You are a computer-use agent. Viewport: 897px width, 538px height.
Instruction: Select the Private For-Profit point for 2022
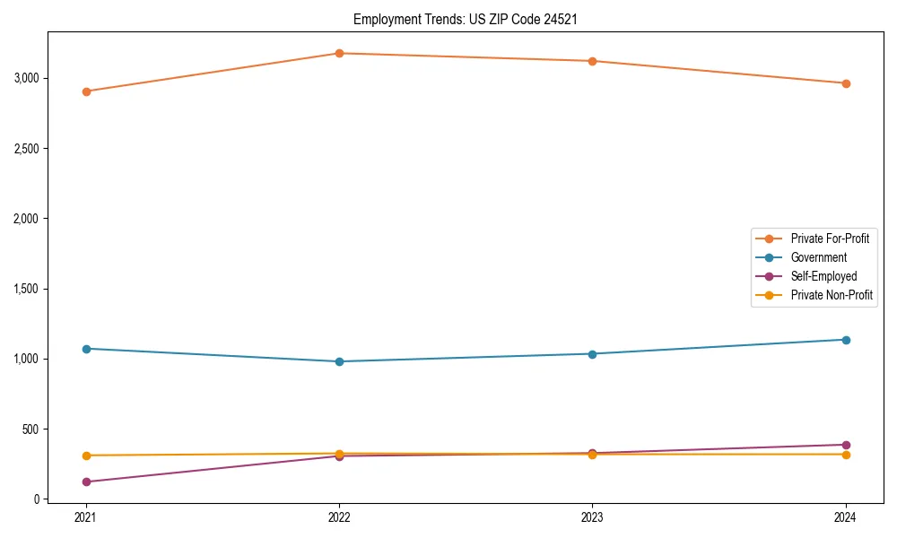coord(339,53)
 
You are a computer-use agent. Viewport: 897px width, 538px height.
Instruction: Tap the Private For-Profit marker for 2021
coord(86,91)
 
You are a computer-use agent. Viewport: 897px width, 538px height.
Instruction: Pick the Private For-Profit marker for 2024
coord(846,83)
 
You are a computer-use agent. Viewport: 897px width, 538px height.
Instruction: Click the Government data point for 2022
coord(339,361)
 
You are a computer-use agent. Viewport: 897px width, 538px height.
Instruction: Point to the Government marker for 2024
coord(846,340)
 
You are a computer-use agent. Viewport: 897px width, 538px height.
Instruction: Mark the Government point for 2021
coord(86,349)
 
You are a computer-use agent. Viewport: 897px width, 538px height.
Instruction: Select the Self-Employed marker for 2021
coord(86,482)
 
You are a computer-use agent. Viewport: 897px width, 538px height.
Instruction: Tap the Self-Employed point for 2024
coord(846,445)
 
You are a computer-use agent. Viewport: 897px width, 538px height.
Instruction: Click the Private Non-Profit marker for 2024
coord(846,455)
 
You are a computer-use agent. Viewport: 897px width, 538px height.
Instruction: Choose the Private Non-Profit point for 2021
coord(86,456)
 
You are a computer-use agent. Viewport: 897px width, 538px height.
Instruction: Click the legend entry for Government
coord(818,257)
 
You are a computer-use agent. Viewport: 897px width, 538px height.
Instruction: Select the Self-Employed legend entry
coord(823,276)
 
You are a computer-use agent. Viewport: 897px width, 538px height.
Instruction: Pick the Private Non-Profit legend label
coord(832,295)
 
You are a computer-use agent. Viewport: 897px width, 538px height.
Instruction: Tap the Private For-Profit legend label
coord(830,239)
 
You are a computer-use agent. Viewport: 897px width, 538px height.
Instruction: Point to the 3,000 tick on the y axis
coord(27,78)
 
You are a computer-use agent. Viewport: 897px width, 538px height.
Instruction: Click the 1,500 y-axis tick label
coord(27,289)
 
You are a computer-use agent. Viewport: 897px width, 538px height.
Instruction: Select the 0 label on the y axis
coord(37,499)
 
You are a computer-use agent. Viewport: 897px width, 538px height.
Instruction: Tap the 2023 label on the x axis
coord(592,517)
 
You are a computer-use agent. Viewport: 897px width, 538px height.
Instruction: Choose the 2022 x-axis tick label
coord(339,517)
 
